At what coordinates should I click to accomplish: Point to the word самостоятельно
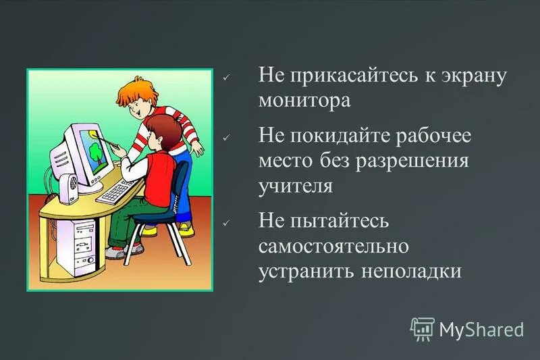click(333, 247)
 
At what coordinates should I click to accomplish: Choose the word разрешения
click(426, 161)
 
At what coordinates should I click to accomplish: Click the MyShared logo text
click(481, 330)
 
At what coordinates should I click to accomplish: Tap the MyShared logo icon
click(423, 328)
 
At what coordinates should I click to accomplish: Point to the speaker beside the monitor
click(67, 188)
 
